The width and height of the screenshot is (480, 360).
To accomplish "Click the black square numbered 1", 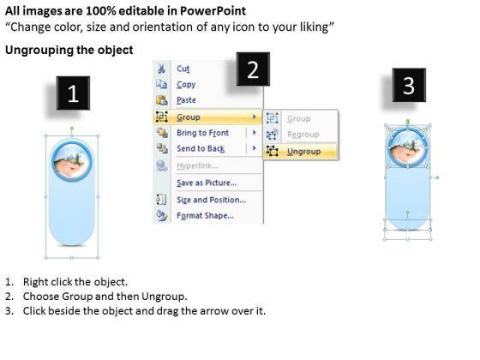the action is (x=73, y=93).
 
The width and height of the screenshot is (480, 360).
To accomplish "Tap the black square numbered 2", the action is (x=253, y=69).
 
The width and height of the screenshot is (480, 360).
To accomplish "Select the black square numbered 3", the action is (x=409, y=85).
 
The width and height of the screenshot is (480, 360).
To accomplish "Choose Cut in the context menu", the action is (x=183, y=69).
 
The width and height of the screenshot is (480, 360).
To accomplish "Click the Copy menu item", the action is (x=186, y=85).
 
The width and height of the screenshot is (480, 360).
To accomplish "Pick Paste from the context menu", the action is (x=186, y=100).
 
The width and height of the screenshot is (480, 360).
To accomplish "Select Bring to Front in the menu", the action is (x=202, y=133).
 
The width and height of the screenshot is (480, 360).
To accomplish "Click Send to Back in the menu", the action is (x=201, y=148).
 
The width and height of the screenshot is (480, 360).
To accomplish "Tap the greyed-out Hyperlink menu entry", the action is (x=197, y=165).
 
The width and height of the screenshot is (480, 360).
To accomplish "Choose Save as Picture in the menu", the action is (x=207, y=183).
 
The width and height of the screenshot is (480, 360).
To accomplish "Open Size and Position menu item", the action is (x=211, y=200).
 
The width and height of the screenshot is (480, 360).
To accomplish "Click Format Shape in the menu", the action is (x=205, y=215).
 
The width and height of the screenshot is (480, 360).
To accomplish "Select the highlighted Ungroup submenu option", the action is (x=304, y=152).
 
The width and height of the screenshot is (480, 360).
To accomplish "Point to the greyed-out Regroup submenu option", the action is (x=303, y=135).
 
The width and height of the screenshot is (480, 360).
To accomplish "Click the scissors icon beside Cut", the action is (x=161, y=69).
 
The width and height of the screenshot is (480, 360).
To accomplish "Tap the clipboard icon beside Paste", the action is (x=162, y=100).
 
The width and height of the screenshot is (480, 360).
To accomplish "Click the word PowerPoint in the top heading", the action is (x=213, y=11).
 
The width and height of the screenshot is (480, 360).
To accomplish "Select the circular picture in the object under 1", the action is (x=72, y=161).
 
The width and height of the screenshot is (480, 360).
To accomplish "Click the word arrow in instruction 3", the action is (x=210, y=311).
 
